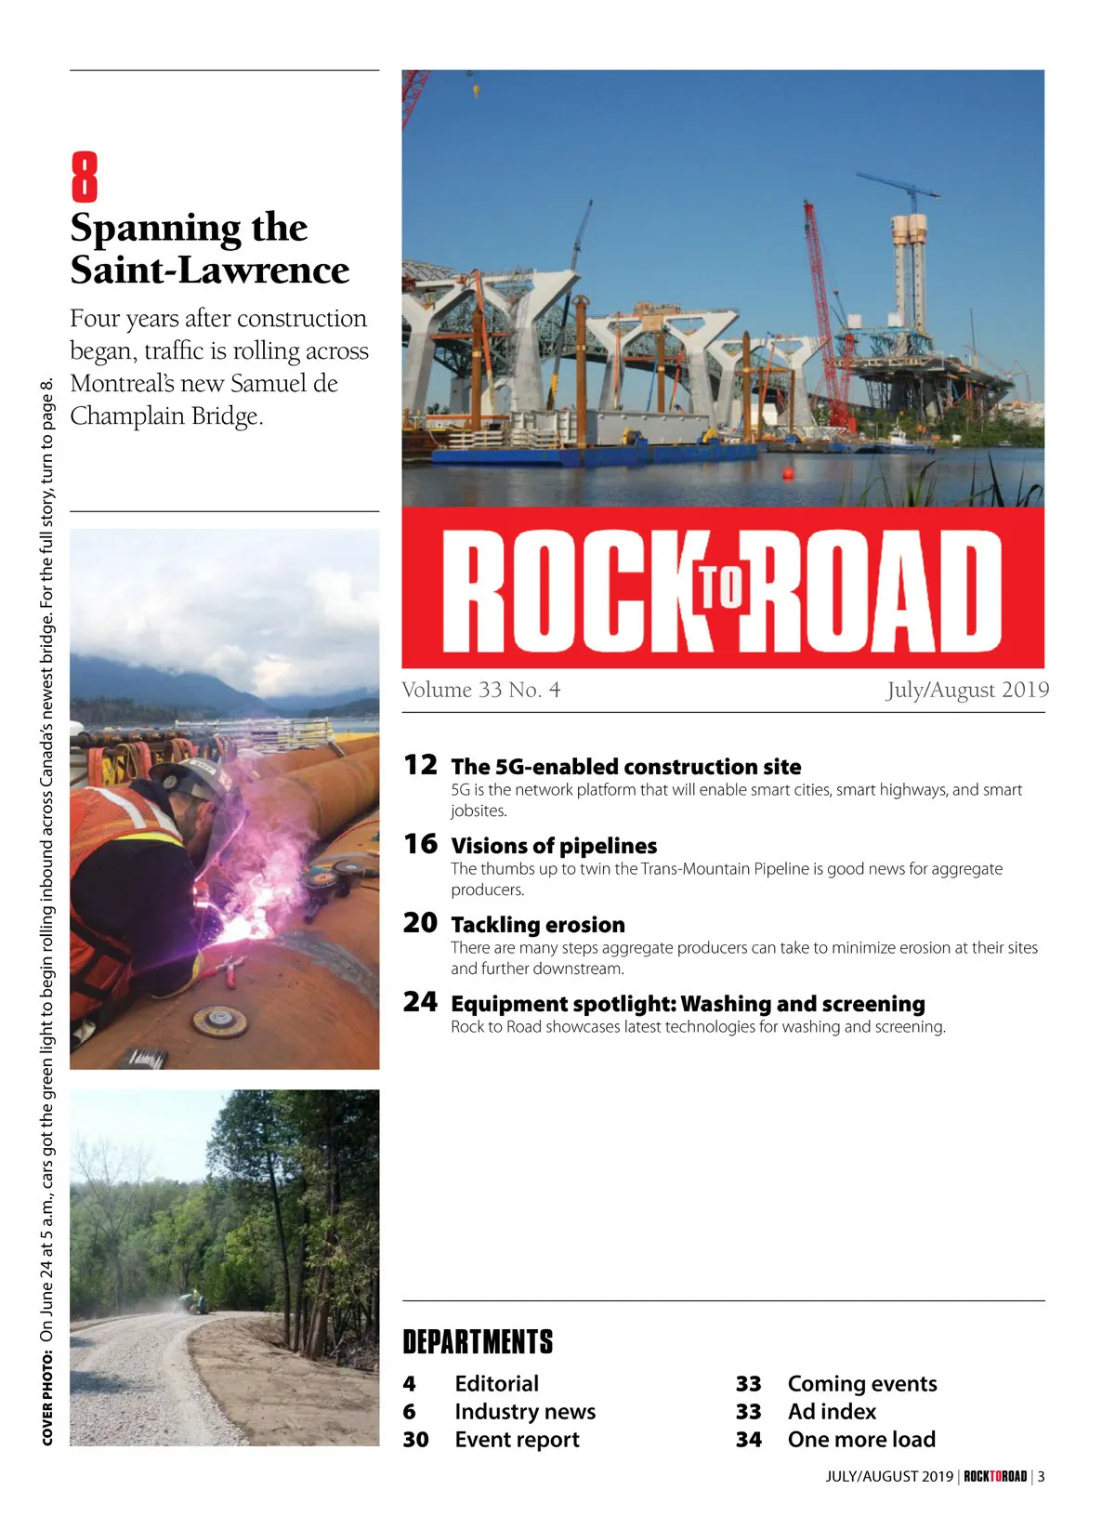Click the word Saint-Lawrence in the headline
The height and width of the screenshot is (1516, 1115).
coord(210,270)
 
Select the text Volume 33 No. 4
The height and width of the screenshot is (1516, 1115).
coord(480,690)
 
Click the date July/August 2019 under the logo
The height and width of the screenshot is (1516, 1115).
coord(966,690)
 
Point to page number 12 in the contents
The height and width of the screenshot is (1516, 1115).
coord(420,765)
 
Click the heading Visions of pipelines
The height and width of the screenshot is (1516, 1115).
coord(554,846)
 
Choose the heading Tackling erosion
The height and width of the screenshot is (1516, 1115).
coord(538,925)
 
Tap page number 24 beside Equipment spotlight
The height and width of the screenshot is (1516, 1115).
coord(420,1002)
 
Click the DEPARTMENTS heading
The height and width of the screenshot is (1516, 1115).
coord(478,1342)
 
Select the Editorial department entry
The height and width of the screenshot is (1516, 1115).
coord(496,1384)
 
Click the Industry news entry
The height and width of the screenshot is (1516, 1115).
coord(525,1412)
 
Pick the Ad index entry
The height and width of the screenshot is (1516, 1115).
coord(832,1412)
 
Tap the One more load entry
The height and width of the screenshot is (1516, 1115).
coord(861,1440)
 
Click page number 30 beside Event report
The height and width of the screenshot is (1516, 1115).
coord(415,1440)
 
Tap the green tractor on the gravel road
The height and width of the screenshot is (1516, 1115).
coord(194,1303)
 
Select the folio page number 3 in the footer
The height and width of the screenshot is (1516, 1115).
coord(1042,1476)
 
